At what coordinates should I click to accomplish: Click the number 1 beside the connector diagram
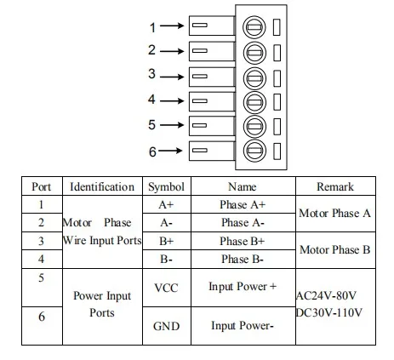coord(152,27)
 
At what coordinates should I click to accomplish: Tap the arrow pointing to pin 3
coord(172,77)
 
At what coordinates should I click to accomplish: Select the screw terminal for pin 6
coord(254,151)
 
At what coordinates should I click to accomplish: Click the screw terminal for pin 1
coord(254,27)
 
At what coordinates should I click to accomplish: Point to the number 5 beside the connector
coord(151,125)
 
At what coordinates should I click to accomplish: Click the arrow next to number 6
coord(170,151)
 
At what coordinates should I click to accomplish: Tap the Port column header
coord(42,186)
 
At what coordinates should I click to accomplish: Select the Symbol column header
coord(166,187)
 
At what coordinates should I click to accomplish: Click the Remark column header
coord(335,186)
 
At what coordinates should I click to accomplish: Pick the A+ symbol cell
coord(166,204)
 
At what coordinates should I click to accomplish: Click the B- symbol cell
coord(166,259)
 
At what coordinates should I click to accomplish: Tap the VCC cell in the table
coord(166,288)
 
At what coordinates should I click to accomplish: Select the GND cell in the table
coord(167,326)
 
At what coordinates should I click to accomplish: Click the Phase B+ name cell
coord(243,241)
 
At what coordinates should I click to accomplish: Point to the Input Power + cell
coord(243,287)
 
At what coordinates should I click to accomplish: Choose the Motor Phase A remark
coord(334,214)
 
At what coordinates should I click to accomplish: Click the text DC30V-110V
coord(329,312)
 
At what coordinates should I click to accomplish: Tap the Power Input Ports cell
coord(102,304)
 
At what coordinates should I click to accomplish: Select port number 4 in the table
coord(42,259)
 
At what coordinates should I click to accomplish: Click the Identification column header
coord(102,186)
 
